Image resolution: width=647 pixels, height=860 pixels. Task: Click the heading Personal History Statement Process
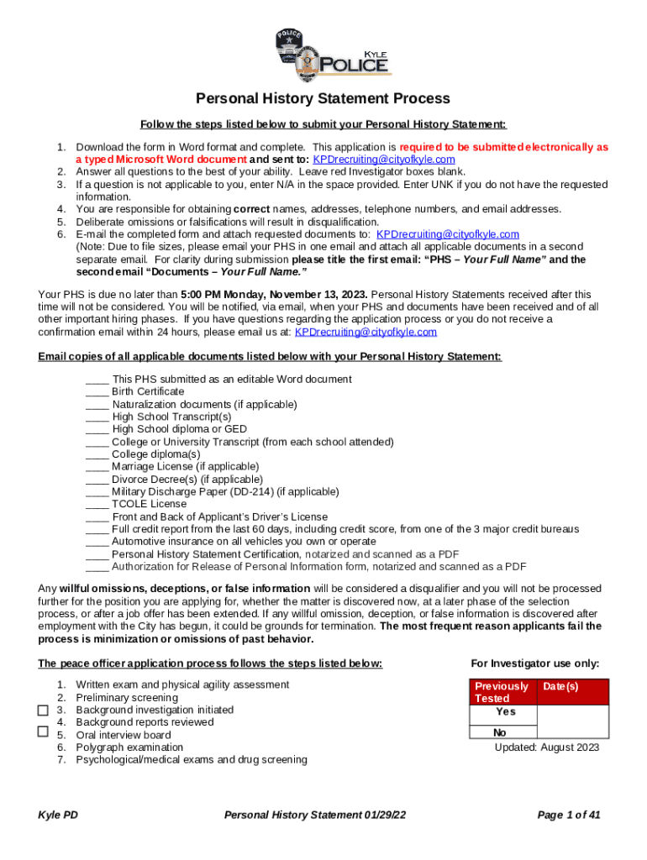[323, 98]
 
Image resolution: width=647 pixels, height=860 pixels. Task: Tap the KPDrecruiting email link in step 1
[383, 160]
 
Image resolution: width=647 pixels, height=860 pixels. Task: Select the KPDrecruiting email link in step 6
[447, 234]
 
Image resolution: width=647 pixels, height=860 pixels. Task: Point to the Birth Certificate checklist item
[148, 391]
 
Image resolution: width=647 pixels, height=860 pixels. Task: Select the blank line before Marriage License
[97, 466]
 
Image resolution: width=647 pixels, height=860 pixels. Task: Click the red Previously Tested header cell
[502, 692]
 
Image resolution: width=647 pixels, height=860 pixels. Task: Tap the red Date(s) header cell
[560, 686]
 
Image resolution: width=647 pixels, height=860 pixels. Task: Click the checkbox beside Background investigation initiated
[44, 711]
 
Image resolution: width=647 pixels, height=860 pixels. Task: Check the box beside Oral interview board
[44, 732]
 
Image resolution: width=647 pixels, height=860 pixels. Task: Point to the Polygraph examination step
[129, 747]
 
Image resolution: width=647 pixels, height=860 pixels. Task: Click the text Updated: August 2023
[546, 747]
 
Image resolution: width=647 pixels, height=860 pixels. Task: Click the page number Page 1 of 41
[568, 815]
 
